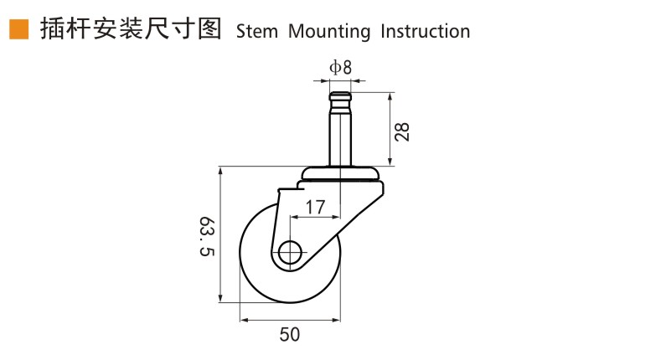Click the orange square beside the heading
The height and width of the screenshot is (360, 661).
pos(18,29)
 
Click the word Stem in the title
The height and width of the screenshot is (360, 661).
pos(257,32)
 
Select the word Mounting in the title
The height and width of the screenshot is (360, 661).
pos(329,32)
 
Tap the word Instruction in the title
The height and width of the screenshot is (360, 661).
pos(425,32)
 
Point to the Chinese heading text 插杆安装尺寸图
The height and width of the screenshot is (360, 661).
pos(131,29)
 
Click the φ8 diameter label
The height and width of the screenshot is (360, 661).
pos(340,67)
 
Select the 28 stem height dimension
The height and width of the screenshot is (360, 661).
pos(402,131)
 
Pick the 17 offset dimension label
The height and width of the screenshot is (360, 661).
pos(315,207)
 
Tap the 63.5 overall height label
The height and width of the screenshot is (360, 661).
pos(207,236)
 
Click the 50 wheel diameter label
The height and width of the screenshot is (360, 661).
pos(290,334)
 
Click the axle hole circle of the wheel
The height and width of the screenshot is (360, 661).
pos(290,253)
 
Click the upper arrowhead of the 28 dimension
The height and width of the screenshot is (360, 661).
pos(390,97)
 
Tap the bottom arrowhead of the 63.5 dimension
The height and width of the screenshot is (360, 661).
pos(220,297)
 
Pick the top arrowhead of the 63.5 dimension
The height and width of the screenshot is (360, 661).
pos(220,172)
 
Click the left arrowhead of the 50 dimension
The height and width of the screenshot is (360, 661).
pos(244,321)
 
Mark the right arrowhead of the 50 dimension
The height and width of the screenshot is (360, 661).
pos(336,321)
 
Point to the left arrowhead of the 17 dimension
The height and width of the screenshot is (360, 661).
pos(295,218)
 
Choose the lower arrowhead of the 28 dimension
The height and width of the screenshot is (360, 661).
pos(390,162)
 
